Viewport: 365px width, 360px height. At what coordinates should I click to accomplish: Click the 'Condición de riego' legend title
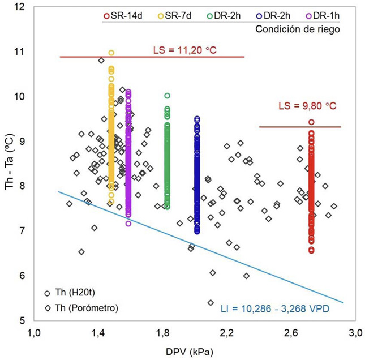coord(298,29)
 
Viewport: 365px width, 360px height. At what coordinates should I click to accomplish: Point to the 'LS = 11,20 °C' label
coord(185,51)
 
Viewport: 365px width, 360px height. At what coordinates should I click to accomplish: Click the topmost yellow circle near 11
coord(111,53)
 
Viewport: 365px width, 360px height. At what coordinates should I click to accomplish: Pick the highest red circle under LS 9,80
coord(311,122)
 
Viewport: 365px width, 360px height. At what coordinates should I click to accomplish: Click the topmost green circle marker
coord(168,96)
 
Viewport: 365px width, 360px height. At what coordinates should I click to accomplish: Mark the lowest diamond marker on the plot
coord(211,302)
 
